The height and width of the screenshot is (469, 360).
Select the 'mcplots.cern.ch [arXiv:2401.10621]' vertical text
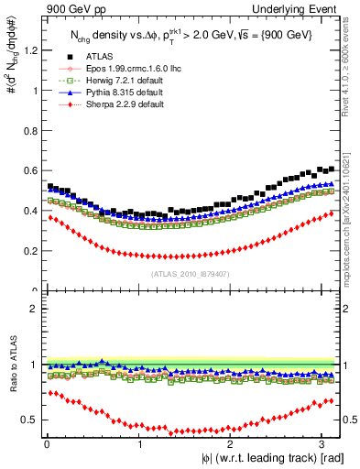pyautogui.click(x=351, y=211)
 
